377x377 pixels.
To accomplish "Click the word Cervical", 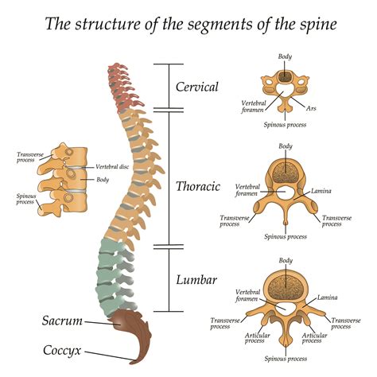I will [197, 87].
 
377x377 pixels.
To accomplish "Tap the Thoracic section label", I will [197, 186].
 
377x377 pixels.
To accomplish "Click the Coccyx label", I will [64, 349].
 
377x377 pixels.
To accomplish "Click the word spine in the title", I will [313, 24].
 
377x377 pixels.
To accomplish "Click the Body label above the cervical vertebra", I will [285, 56].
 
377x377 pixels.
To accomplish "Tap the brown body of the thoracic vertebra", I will [285, 172].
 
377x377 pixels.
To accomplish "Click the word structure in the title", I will [107, 24].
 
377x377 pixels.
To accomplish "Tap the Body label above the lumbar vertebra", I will [285, 260].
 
